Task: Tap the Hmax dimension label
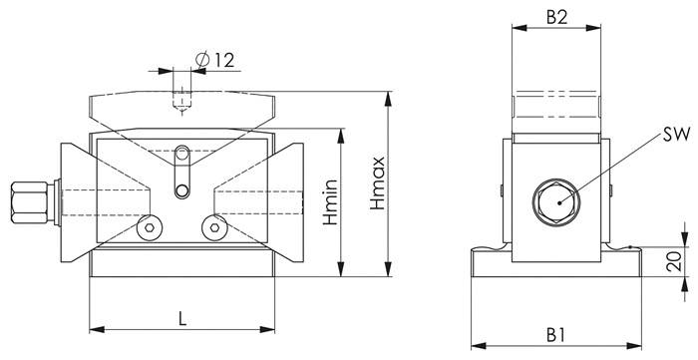pos(376,186)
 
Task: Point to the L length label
pos(181,318)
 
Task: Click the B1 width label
pos(557,333)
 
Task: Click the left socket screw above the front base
pos(149,228)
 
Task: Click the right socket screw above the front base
pos(211,228)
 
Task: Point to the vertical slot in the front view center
pos(180,173)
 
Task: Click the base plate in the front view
pos(181,265)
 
